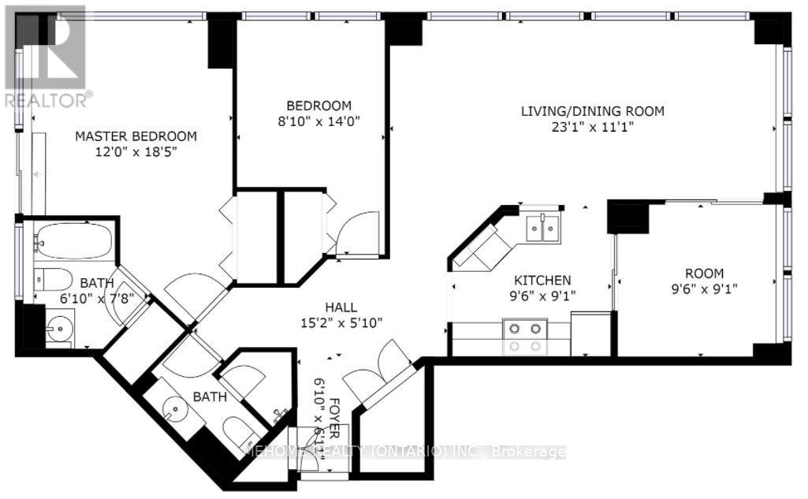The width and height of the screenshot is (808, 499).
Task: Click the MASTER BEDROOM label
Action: [136, 136]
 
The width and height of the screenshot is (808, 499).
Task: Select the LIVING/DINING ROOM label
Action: [592, 111]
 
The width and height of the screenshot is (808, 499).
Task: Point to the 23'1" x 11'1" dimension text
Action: [592, 127]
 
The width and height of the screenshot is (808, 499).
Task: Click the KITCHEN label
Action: [542, 280]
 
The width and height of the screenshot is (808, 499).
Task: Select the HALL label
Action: [341, 307]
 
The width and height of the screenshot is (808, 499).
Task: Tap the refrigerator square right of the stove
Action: [591, 334]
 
